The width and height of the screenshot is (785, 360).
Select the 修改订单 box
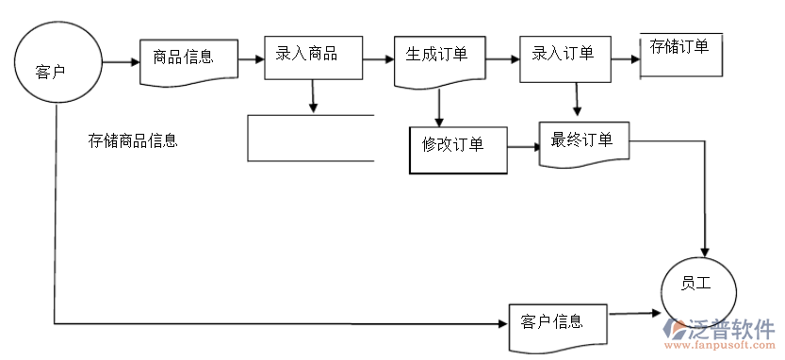click(x=457, y=149)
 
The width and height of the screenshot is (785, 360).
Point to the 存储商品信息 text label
click(x=133, y=141)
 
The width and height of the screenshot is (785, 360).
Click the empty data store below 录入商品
click(x=311, y=138)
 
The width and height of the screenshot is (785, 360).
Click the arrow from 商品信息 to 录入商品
click(x=251, y=59)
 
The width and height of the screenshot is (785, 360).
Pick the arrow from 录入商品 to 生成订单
click(x=378, y=59)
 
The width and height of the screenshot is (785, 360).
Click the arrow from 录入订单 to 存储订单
click(x=624, y=58)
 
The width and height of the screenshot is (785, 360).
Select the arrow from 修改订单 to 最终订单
click(x=523, y=148)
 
